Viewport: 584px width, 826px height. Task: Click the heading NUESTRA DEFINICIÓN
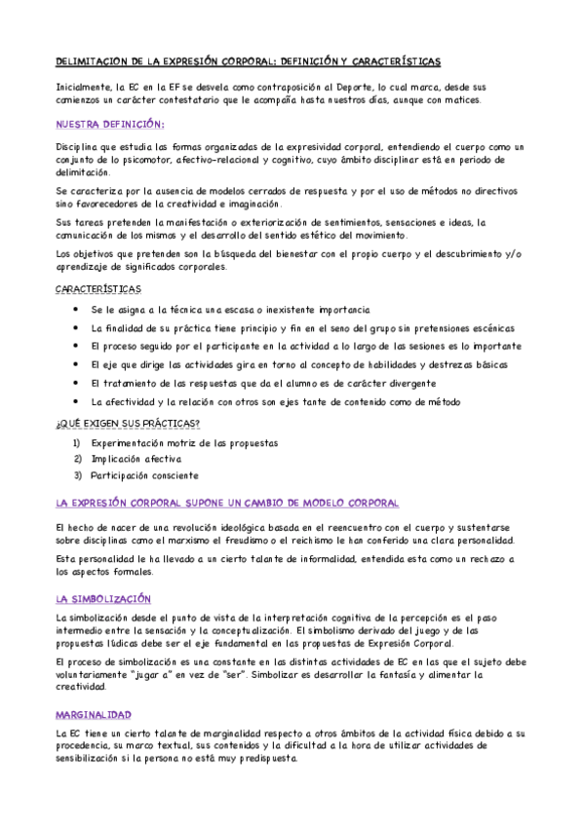coord(110,124)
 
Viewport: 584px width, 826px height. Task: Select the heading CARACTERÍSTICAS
coord(97,289)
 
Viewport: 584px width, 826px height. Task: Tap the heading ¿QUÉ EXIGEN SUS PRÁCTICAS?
coord(128,422)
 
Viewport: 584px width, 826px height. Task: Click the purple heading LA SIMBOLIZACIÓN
coord(103,598)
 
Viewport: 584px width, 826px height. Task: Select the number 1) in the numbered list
coord(78,443)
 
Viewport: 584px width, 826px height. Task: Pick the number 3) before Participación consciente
coord(78,476)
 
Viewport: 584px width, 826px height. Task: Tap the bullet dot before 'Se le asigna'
coord(77,310)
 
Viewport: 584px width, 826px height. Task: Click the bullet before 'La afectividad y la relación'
coord(77,402)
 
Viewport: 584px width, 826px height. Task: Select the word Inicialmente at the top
coord(84,86)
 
